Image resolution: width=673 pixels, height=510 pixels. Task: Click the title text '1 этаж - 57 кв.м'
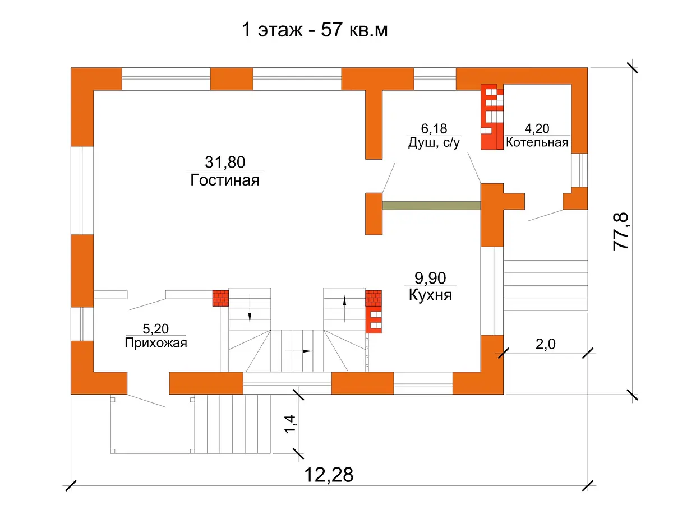(x=315, y=30)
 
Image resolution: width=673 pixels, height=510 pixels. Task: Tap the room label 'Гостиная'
(x=225, y=180)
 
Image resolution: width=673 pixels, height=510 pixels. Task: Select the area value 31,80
(x=225, y=162)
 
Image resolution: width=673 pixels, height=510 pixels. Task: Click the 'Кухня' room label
(x=430, y=295)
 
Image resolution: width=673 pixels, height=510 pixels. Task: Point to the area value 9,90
(x=430, y=278)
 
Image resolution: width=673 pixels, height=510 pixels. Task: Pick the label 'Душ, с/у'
(x=434, y=142)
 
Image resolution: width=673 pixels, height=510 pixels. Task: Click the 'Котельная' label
(x=537, y=142)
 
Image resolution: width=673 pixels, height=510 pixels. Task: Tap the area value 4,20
(x=537, y=129)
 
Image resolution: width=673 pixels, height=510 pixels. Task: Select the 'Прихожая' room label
(x=156, y=343)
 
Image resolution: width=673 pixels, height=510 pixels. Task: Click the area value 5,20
(x=156, y=329)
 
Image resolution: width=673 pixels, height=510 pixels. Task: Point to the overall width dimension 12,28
(x=329, y=475)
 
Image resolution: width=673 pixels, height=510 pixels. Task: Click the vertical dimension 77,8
(x=621, y=231)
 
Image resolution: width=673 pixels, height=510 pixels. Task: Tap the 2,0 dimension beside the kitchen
(x=546, y=344)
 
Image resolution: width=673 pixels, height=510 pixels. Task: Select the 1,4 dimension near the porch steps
(x=290, y=424)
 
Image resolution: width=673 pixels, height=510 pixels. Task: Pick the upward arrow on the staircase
(x=344, y=309)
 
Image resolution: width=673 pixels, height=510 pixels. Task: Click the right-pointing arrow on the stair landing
(x=298, y=351)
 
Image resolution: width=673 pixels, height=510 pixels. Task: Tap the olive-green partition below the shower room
(x=431, y=206)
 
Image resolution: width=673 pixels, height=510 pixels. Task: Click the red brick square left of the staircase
(x=221, y=298)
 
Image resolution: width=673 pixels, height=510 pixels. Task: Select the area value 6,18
(x=434, y=129)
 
